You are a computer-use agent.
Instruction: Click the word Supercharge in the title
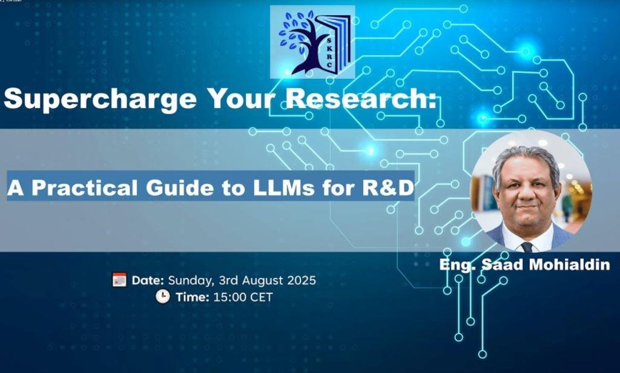100,99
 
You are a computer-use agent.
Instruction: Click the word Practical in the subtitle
85,188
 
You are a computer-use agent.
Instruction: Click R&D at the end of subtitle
388,188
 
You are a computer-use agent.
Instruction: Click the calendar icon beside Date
119,280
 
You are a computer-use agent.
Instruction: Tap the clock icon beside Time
162,296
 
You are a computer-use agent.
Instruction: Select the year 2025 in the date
302,280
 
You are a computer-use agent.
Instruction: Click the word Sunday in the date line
191,281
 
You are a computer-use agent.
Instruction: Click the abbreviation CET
262,297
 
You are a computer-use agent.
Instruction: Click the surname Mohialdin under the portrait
569,264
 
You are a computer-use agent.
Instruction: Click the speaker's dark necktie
527,247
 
